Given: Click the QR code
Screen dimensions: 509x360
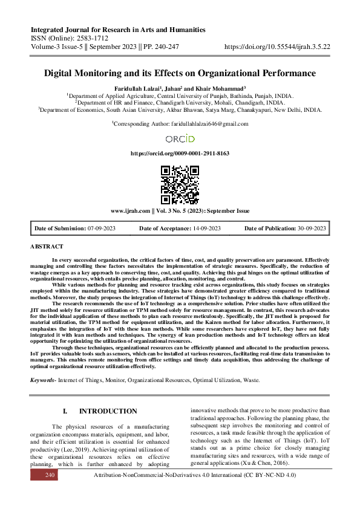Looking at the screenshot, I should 180,184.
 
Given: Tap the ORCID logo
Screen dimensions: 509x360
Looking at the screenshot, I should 180,138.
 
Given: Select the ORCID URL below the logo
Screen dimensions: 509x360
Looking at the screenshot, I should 180,154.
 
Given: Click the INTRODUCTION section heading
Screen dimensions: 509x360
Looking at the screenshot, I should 108,411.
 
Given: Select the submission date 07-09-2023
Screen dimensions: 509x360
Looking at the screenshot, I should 102,228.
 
